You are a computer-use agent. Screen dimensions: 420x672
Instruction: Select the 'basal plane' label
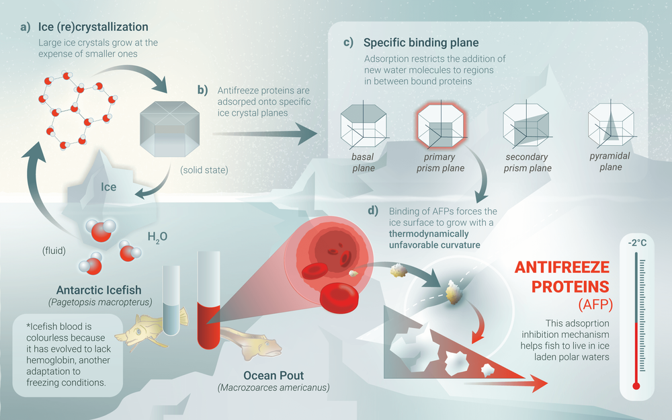coord(362,162)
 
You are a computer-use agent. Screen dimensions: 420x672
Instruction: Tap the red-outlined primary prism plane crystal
coord(439,126)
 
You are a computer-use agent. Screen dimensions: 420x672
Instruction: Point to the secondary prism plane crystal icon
coord(526,126)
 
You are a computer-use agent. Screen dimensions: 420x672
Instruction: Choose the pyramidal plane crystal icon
coord(610,126)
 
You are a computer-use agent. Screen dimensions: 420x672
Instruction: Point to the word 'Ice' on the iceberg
coord(108,187)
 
